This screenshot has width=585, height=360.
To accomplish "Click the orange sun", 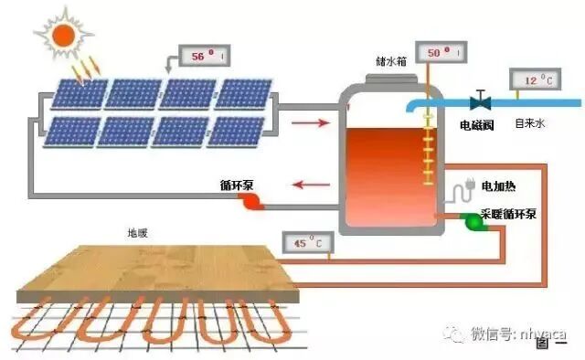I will tap(63, 35).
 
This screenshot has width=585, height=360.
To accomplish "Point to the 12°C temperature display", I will tap(534, 80).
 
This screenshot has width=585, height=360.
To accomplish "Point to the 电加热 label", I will tap(498, 186).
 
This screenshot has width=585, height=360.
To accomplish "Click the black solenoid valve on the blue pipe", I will tap(478, 101).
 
